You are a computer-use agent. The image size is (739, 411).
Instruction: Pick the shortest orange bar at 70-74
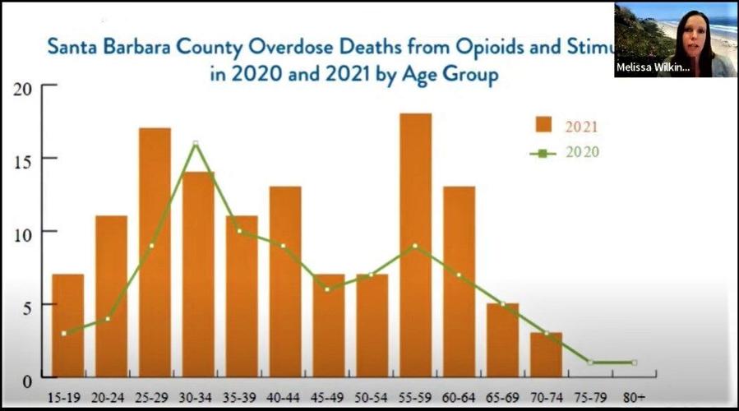(546, 355)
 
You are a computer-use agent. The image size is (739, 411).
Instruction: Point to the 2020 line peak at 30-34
(196, 143)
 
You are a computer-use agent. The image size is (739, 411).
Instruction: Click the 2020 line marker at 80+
(634, 363)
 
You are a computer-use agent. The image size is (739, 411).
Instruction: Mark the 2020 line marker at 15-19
(64, 333)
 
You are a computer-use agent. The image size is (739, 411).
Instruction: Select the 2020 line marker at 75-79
(590, 363)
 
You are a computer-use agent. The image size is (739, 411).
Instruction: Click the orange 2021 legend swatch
(543, 125)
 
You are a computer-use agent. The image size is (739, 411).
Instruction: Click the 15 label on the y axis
(23, 159)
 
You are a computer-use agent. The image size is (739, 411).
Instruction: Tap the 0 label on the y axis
(27, 380)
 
